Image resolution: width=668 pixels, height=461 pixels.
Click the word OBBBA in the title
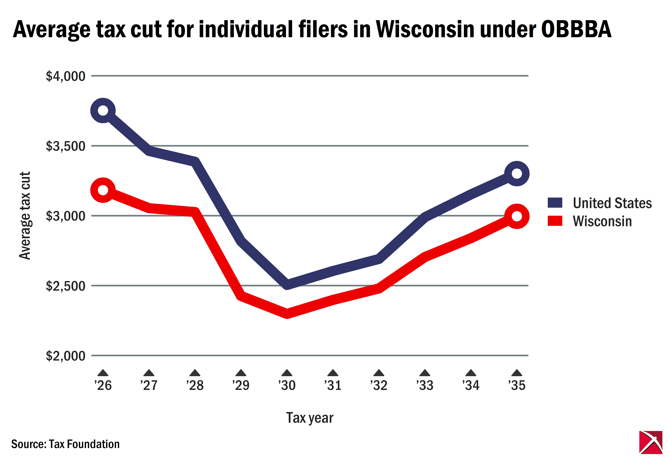coord(576,29)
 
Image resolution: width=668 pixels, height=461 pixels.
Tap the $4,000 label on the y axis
coord(66,76)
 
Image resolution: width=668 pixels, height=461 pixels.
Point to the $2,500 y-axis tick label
coord(66,286)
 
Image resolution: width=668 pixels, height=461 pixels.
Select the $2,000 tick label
coord(66,356)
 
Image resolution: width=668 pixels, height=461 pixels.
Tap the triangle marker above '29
coord(241,373)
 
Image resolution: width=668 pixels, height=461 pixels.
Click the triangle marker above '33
coord(425,373)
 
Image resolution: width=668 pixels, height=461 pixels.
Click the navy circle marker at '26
coord(103,110)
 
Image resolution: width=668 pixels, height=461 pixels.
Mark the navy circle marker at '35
coord(517,174)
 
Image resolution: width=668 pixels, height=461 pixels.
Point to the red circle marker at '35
coord(517,216)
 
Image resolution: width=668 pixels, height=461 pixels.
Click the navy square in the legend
coord(555,203)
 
